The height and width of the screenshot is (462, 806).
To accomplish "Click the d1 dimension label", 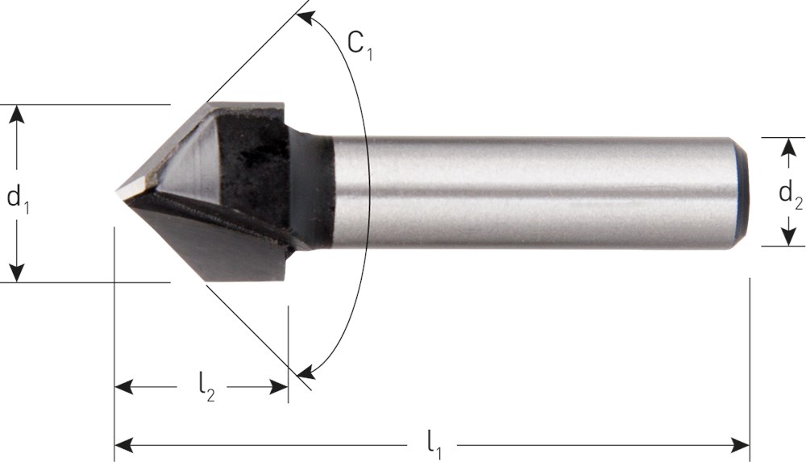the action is tap(18, 198).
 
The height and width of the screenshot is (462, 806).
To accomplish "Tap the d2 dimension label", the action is tap(791, 194).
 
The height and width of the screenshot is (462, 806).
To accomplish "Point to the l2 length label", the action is tap(206, 386).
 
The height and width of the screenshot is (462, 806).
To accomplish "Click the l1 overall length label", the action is tap(435, 445).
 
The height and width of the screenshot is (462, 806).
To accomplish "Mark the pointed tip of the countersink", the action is tap(115, 193).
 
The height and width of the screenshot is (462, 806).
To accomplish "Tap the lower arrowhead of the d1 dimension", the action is tap(17, 273).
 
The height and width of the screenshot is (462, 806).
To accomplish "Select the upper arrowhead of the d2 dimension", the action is tap(787, 147).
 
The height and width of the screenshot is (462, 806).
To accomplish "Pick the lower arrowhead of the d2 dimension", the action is tap(787, 237).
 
